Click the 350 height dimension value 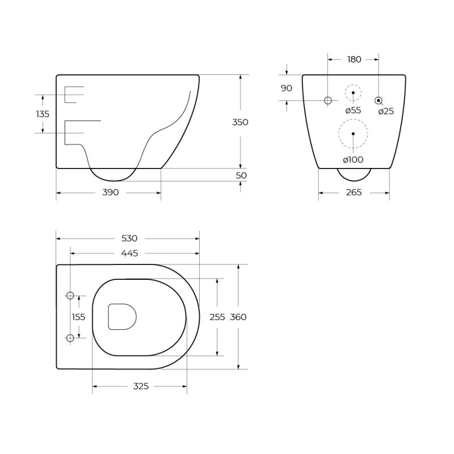pyautogui.click(x=241, y=122)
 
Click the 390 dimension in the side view pyautogui.click(x=111, y=192)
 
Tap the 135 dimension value pyautogui.click(x=43, y=114)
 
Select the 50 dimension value pyautogui.click(x=241, y=175)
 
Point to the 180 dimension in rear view pyautogui.click(x=354, y=59)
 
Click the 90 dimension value pyautogui.click(x=287, y=88)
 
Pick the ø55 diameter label pyautogui.click(x=353, y=111)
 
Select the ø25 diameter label pyautogui.click(x=386, y=111)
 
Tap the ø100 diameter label pyautogui.click(x=353, y=160)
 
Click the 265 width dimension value pyautogui.click(x=354, y=192)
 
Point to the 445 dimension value pyautogui.click(x=129, y=253)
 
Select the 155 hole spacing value pyautogui.click(x=79, y=317)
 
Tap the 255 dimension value pyautogui.click(x=217, y=317)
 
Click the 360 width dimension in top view pyautogui.click(x=238, y=317)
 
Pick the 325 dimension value pyautogui.click(x=141, y=386)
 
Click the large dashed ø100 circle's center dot pyautogui.click(x=353, y=134)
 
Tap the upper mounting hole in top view pyautogui.click(x=70, y=295)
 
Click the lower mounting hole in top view pyautogui.click(x=70, y=338)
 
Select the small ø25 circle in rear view pyautogui.click(x=378, y=100)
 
